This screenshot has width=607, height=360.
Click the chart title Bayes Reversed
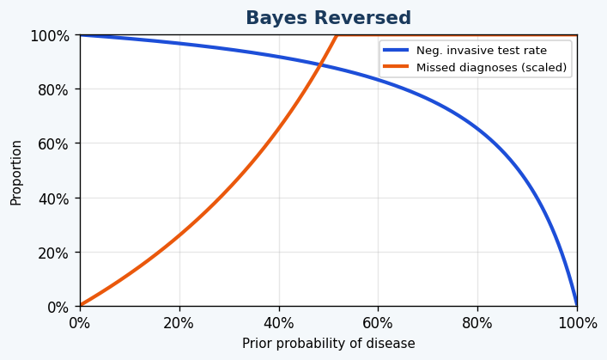click(x=328, y=18)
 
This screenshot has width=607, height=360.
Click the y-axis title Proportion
click(x=16, y=172)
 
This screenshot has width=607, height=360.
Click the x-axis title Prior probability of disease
click(x=328, y=344)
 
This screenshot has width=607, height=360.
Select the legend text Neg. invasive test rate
click(x=481, y=51)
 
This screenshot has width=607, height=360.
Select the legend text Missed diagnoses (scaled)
click(x=491, y=68)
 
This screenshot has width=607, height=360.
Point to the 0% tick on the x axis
click(x=80, y=323)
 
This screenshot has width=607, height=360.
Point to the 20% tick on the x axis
click(x=179, y=323)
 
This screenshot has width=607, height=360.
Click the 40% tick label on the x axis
click(x=279, y=323)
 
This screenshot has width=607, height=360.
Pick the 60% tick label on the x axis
click(x=378, y=323)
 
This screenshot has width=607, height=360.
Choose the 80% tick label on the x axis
click(x=477, y=323)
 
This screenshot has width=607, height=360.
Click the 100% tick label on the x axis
click(x=577, y=323)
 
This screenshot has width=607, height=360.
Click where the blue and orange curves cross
click(x=321, y=64)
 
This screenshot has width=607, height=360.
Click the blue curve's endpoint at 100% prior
click(x=577, y=306)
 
